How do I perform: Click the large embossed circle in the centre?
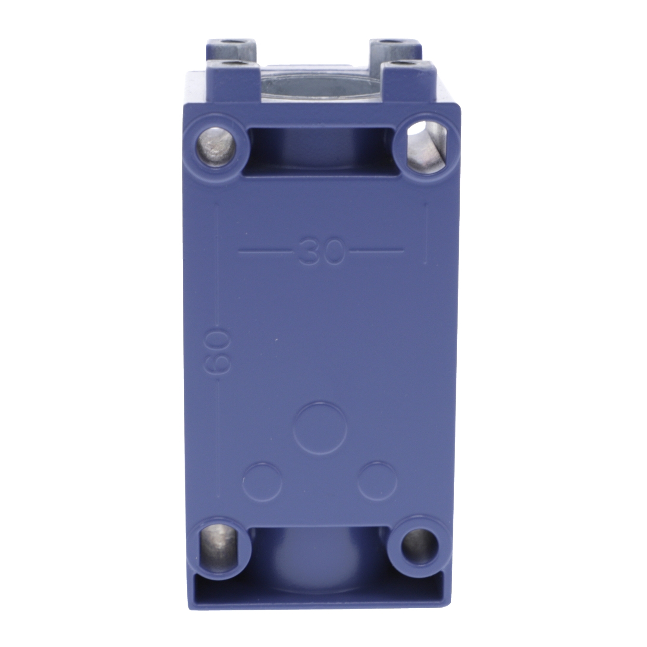(321, 427)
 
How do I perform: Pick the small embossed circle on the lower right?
(377, 481)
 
